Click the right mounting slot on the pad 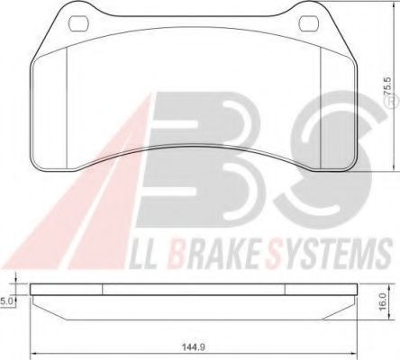(x=312, y=21)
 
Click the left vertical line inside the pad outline (x=70, y=99)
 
